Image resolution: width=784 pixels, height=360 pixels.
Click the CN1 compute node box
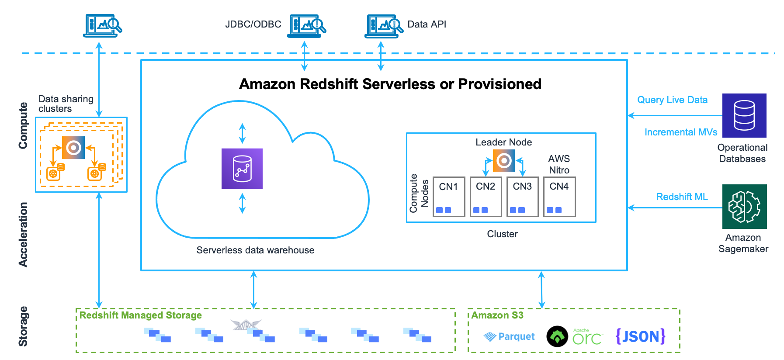coord(448,197)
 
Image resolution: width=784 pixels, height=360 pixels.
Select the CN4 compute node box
coord(559,197)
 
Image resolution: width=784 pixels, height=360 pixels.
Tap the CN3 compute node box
coord(522,197)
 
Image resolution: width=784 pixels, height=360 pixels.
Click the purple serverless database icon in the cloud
coord(242,169)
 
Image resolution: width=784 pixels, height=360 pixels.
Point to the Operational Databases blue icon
coord(744,115)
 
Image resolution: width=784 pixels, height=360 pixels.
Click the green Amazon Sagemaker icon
coord(744,207)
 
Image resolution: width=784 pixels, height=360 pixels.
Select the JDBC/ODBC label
coord(253,24)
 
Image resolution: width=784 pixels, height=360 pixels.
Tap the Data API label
coord(427,24)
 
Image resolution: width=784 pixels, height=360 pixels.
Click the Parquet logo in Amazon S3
coord(510,336)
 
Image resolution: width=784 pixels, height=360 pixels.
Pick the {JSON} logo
coord(640,336)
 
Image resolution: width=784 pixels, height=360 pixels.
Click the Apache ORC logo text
coord(587,337)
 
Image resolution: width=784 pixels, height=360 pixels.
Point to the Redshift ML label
coord(682,197)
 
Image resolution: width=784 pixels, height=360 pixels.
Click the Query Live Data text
coord(672,100)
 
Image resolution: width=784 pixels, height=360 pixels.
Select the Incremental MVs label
coord(680,132)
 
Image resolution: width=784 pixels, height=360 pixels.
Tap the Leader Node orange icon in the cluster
coord(504,160)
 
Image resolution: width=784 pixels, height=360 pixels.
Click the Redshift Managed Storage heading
coord(140,315)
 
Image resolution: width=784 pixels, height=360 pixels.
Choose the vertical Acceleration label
coord(23,235)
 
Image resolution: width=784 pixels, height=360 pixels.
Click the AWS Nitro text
coord(559,165)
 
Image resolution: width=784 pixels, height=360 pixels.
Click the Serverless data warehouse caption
coord(255,250)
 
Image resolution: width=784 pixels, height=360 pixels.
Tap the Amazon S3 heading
coord(497,315)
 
